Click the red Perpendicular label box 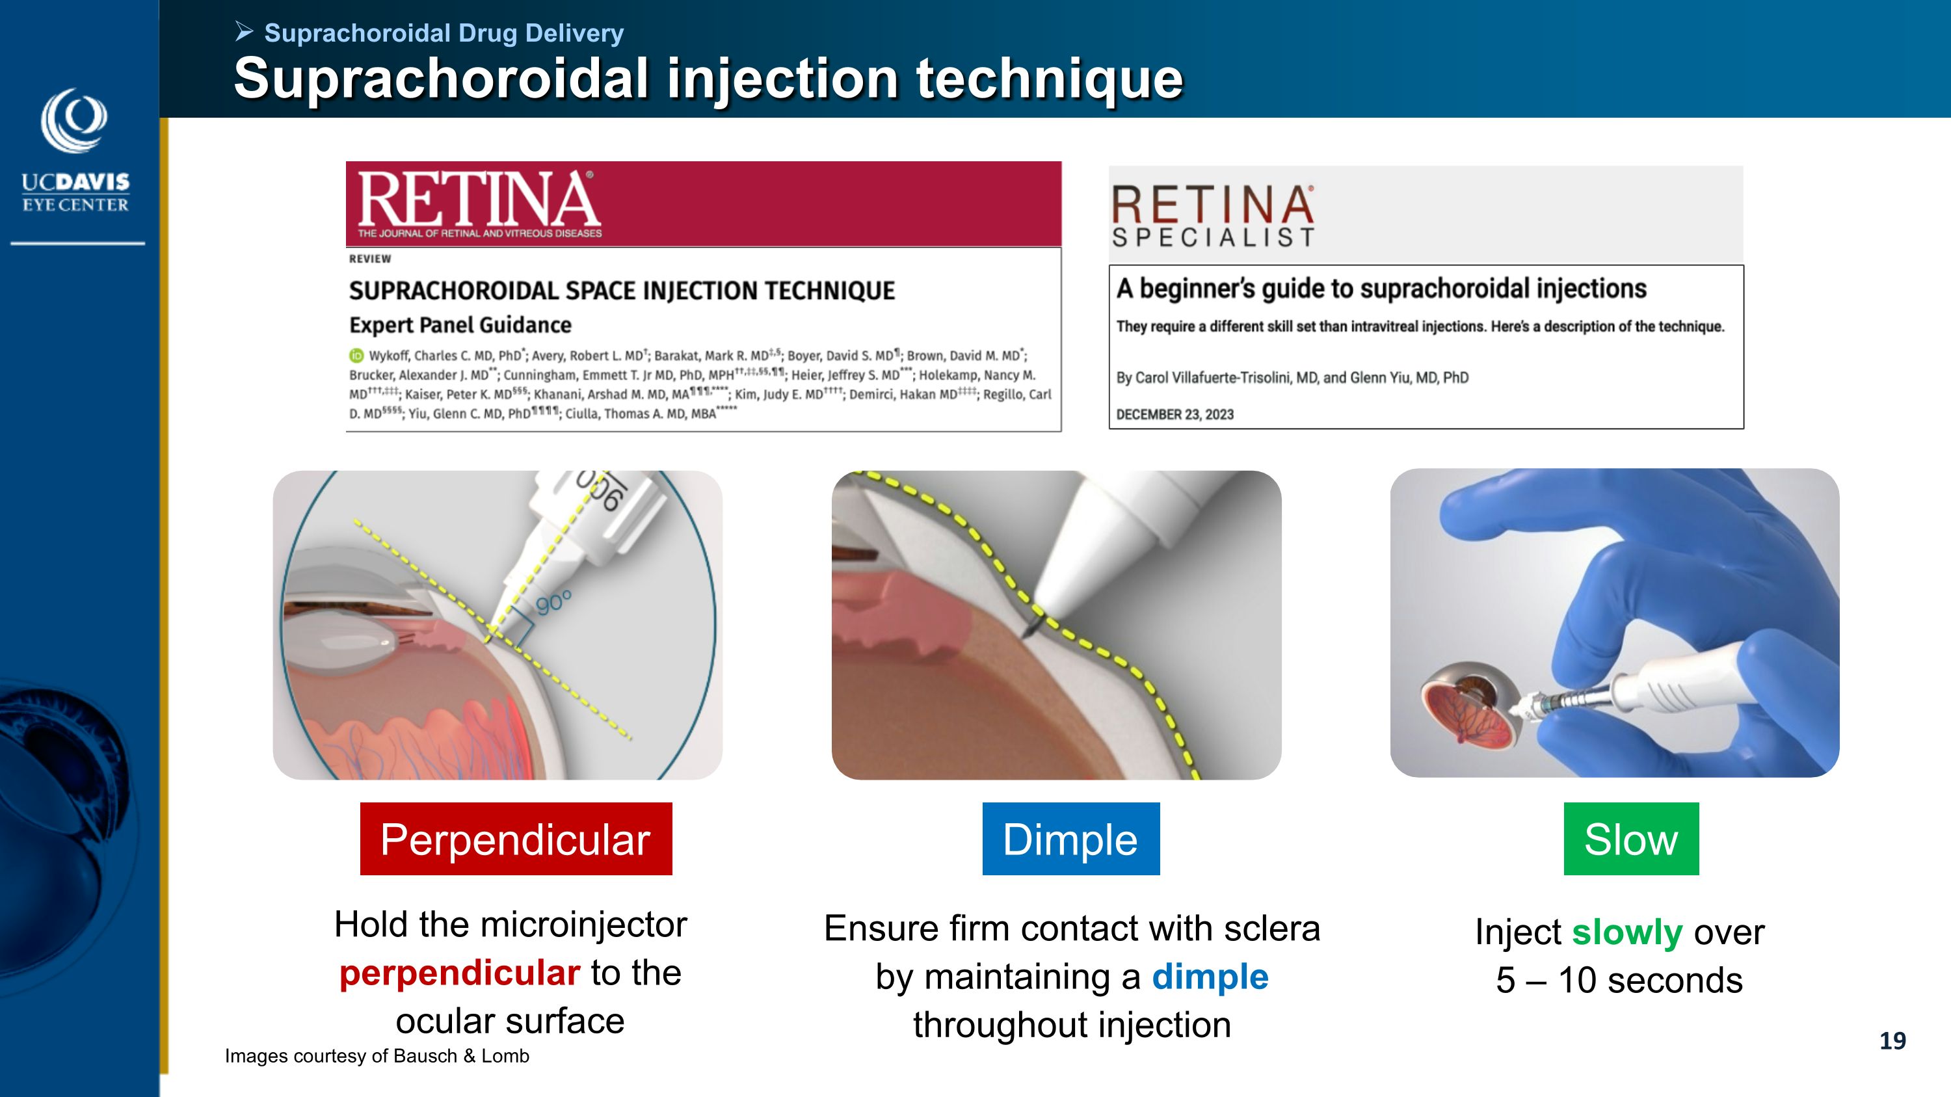[516, 838]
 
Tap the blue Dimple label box [1071, 838]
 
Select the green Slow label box [1632, 838]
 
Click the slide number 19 [1892, 1041]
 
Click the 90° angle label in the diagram [553, 603]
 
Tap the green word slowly [1627, 932]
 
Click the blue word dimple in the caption [1210, 977]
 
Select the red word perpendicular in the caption [460, 973]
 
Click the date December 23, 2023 [1175, 414]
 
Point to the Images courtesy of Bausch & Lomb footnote [377, 1056]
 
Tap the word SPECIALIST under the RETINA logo [1214, 238]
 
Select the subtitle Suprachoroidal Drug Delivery [444, 33]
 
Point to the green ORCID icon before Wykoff [356, 355]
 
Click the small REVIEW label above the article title [370, 259]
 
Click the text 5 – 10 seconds [1619, 981]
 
